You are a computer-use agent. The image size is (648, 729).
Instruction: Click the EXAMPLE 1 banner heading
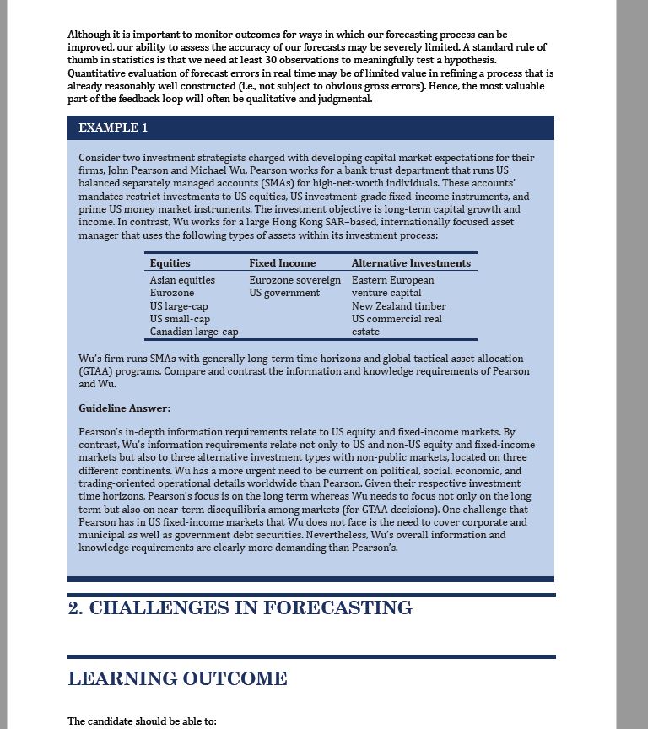113,127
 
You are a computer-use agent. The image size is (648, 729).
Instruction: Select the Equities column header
170,263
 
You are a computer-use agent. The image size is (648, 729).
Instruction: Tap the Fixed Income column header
282,263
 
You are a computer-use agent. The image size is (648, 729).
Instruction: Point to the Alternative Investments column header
411,263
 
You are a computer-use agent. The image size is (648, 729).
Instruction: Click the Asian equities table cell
182,280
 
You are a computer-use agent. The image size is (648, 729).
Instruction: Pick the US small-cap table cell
180,319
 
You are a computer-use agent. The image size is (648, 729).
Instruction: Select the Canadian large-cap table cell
194,332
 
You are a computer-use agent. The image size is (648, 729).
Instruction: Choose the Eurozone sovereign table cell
294,280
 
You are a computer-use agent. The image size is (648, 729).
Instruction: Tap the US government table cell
284,293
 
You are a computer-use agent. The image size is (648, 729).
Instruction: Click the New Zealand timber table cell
398,306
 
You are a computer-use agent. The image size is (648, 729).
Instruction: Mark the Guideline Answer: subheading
124,408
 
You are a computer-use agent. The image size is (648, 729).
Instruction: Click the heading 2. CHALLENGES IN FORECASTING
240,608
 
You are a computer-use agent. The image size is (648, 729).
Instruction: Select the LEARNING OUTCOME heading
177,679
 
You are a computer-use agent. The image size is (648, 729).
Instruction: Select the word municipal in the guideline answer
100,535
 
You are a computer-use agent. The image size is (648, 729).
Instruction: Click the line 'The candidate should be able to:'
142,721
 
